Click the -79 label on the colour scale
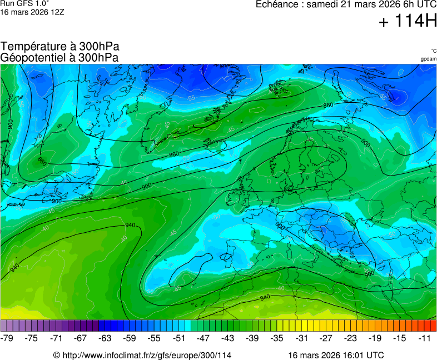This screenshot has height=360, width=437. point(7,338)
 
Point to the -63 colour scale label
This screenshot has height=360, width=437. point(105,338)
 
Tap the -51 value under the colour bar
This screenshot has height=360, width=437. point(178,338)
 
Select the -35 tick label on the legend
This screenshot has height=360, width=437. point(276,338)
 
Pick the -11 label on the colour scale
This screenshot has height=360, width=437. point(424,338)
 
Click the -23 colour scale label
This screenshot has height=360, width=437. point(350,338)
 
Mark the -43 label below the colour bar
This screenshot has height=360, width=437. point(227,338)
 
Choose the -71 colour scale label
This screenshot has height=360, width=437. point(56,338)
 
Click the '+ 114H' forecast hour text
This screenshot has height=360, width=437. point(407,22)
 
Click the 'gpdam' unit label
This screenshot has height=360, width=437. point(428,59)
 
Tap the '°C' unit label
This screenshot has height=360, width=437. point(433,51)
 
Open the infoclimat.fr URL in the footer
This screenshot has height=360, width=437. point(146,355)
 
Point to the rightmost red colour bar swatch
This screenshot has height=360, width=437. point(434,326)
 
